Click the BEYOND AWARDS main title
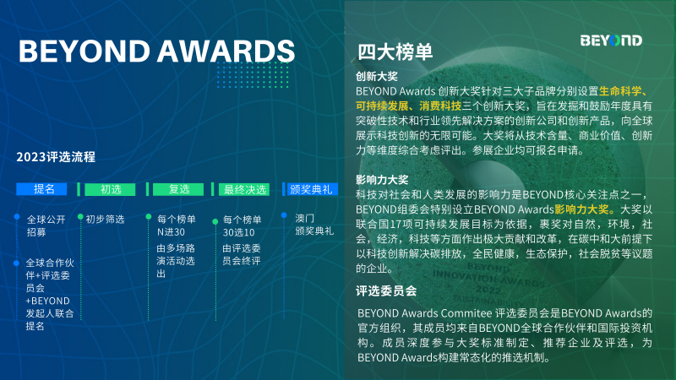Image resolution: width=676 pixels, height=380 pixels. tap(156, 50)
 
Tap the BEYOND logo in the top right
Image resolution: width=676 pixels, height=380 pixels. tap(611, 41)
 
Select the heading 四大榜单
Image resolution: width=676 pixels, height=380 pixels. tap(395, 52)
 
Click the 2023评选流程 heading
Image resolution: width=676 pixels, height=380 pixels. tap(56, 157)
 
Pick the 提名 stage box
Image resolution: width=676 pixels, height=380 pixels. tap(44, 189)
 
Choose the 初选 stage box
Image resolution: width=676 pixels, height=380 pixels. tap(112, 189)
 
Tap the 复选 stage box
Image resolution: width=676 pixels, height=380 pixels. tap(179, 189)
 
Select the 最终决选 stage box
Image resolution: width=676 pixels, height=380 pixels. tap(245, 189)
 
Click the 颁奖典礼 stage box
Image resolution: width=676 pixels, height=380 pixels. tap(311, 189)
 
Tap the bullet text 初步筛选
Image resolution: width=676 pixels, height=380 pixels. tap(105, 219)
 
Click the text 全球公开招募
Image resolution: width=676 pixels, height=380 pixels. tap(46, 225)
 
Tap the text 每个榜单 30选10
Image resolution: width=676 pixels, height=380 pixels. tap(242, 225)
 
